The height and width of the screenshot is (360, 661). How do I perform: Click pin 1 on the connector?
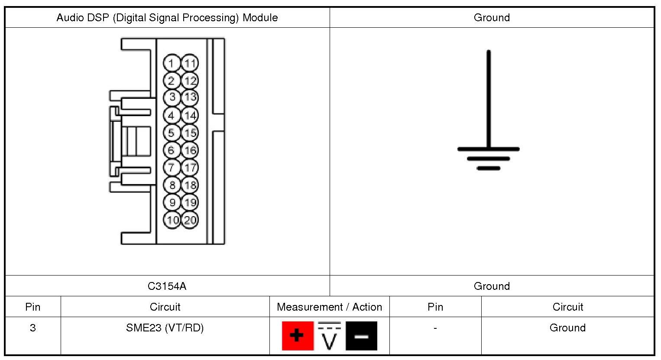[172, 63]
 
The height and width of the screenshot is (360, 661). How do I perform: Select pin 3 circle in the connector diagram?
[172, 97]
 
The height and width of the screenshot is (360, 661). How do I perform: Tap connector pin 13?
[190, 97]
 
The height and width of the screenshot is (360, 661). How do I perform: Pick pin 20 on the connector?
[190, 220]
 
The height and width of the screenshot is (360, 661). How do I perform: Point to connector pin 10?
[172, 220]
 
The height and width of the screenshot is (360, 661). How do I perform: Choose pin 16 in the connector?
[190, 150]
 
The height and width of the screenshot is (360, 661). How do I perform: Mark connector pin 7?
[172, 167]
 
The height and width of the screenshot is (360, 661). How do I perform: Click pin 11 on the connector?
[190, 63]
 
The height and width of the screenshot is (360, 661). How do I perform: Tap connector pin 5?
[172, 133]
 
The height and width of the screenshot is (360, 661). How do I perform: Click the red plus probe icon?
[298, 336]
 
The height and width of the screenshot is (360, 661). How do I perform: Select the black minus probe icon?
[361, 336]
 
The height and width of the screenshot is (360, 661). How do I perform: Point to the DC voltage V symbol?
[330, 337]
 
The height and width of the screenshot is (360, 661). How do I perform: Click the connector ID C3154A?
[167, 286]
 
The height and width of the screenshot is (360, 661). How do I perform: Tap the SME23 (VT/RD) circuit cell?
[165, 328]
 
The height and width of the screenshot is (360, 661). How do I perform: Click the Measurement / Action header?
[329, 307]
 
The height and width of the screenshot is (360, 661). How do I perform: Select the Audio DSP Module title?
[167, 18]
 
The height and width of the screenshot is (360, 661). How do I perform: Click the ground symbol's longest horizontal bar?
[489, 149]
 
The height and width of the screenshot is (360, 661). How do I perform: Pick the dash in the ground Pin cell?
[435, 328]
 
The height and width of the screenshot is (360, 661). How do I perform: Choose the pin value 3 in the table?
[33, 328]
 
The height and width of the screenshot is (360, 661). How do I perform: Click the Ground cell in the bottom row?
[567, 328]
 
